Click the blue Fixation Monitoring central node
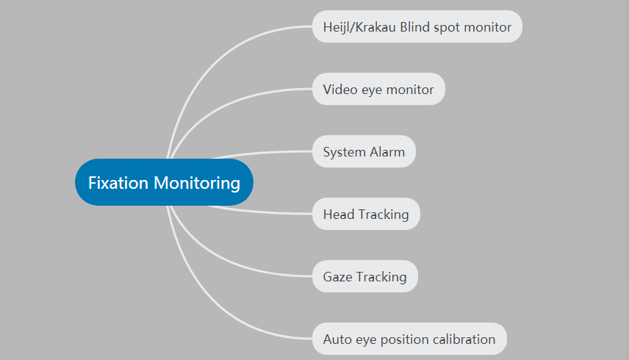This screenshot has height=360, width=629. (164, 182)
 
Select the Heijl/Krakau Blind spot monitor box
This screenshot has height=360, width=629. (417, 26)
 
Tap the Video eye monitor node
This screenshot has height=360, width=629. (378, 89)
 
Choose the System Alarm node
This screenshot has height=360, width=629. (364, 151)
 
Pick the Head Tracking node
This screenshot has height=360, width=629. (366, 214)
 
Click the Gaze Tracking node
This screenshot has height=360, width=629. (365, 277)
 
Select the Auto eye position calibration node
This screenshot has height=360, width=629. (409, 339)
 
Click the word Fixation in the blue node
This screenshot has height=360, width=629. (118, 183)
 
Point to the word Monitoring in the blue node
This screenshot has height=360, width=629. (197, 183)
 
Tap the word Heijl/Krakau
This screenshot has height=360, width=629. (359, 27)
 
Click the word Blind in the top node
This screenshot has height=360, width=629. (414, 27)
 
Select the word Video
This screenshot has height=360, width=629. (340, 90)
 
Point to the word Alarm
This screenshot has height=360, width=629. (387, 152)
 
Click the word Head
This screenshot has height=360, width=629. (339, 215)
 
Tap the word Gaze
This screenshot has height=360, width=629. (337, 277)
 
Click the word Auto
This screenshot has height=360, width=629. (337, 339)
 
